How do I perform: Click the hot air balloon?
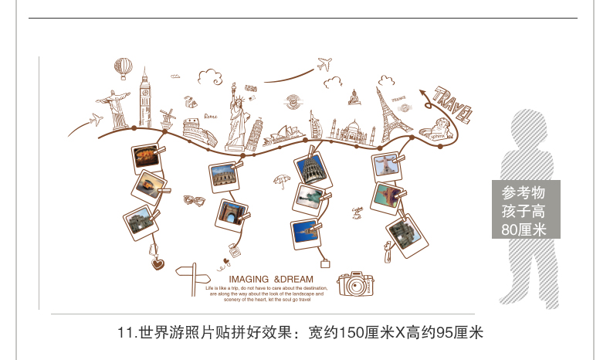tap(124, 68)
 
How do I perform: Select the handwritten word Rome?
tap(211, 117)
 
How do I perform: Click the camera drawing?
tap(357, 284)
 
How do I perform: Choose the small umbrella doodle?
tap(282, 182)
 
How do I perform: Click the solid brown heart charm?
tap(158, 263)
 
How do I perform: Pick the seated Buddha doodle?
tap(354, 97)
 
